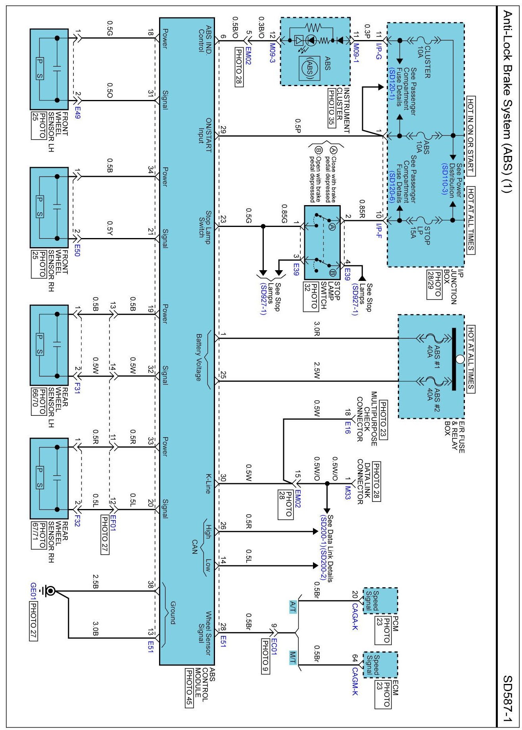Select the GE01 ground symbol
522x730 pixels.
pos(50,591)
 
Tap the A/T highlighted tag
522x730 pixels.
pos(293,607)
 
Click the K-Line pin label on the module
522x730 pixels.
pos(207,483)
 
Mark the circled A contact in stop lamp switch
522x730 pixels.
pos(332,227)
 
